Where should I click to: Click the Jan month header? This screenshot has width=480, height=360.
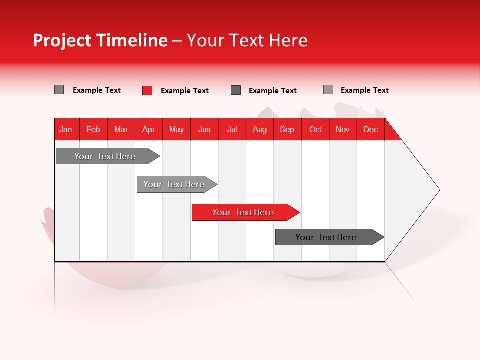(66, 129)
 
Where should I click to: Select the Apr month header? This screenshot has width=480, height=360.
(149, 129)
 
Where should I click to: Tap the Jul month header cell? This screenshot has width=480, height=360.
(232, 129)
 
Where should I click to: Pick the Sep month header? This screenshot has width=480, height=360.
(287, 129)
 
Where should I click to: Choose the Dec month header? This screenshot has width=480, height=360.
(371, 129)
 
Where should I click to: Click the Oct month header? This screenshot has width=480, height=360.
(315, 129)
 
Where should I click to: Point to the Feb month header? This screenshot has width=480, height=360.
(93, 129)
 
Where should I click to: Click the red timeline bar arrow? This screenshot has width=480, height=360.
(245, 212)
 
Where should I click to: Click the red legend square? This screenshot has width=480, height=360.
(147, 90)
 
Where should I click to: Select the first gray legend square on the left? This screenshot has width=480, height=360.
(59, 90)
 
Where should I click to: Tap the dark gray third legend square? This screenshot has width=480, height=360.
(236, 90)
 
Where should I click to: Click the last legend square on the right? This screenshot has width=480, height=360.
(328, 90)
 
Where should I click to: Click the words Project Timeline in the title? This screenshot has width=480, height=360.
(100, 40)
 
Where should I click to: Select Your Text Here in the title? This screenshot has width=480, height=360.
(247, 40)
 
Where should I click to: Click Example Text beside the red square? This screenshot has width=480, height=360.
(185, 91)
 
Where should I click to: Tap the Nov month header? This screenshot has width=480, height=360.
(343, 129)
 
